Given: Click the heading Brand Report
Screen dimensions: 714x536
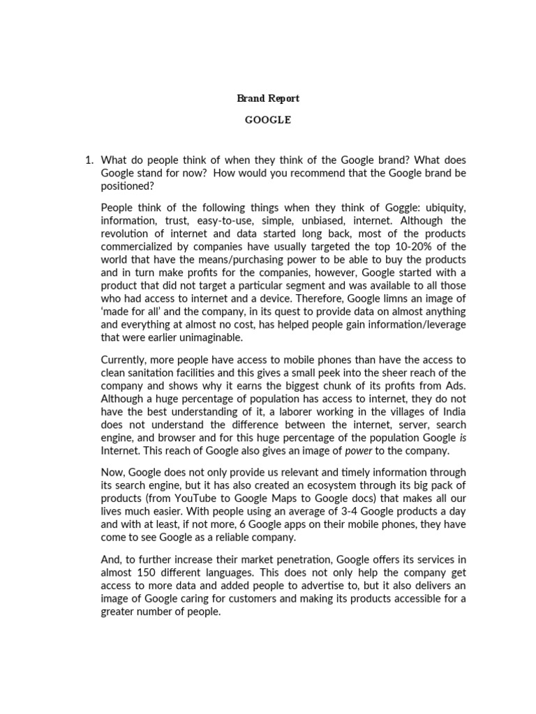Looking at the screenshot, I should tap(268, 98).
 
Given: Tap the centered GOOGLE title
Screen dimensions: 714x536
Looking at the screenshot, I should tap(268, 120).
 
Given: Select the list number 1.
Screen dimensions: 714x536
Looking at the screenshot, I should tap(89, 160).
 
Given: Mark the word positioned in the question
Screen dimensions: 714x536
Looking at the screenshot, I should tap(127, 187).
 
